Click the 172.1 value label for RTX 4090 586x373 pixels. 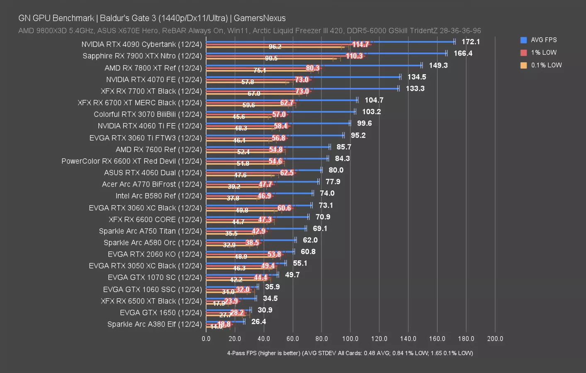pyautogui.click(x=470, y=42)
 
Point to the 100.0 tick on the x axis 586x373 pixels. pyautogui.click(x=350, y=339)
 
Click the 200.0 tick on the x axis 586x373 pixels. pyautogui.click(x=495, y=339)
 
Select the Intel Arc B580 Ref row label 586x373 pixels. pyautogui.click(x=158, y=196)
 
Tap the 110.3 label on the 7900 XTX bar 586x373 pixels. pyautogui.click(x=354, y=56)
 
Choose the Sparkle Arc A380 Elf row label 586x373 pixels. pyautogui.click(x=154, y=324)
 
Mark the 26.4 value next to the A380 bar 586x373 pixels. pyautogui.click(x=258, y=322)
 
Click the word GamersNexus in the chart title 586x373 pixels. pyautogui.click(x=260, y=18)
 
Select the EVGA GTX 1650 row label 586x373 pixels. pyautogui.click(x=160, y=312)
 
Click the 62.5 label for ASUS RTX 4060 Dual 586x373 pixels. pyautogui.click(x=287, y=173)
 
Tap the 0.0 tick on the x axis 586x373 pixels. pyautogui.click(x=206, y=339)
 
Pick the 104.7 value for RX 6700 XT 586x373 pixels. pyautogui.click(x=374, y=100)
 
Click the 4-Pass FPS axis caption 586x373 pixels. pyautogui.click(x=350, y=353)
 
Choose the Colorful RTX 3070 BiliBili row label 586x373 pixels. pyautogui.click(x=148, y=114)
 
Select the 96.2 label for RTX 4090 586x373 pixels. pyautogui.click(x=275, y=47)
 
